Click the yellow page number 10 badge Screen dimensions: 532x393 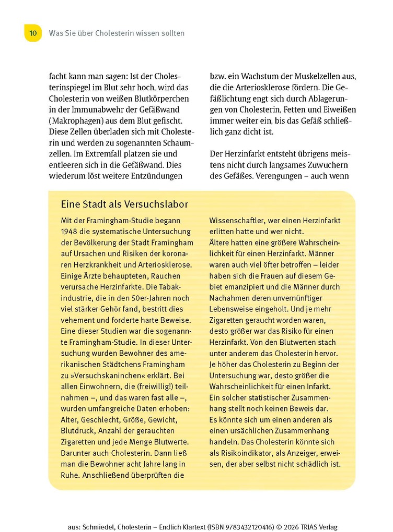pyautogui.click(x=32, y=33)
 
